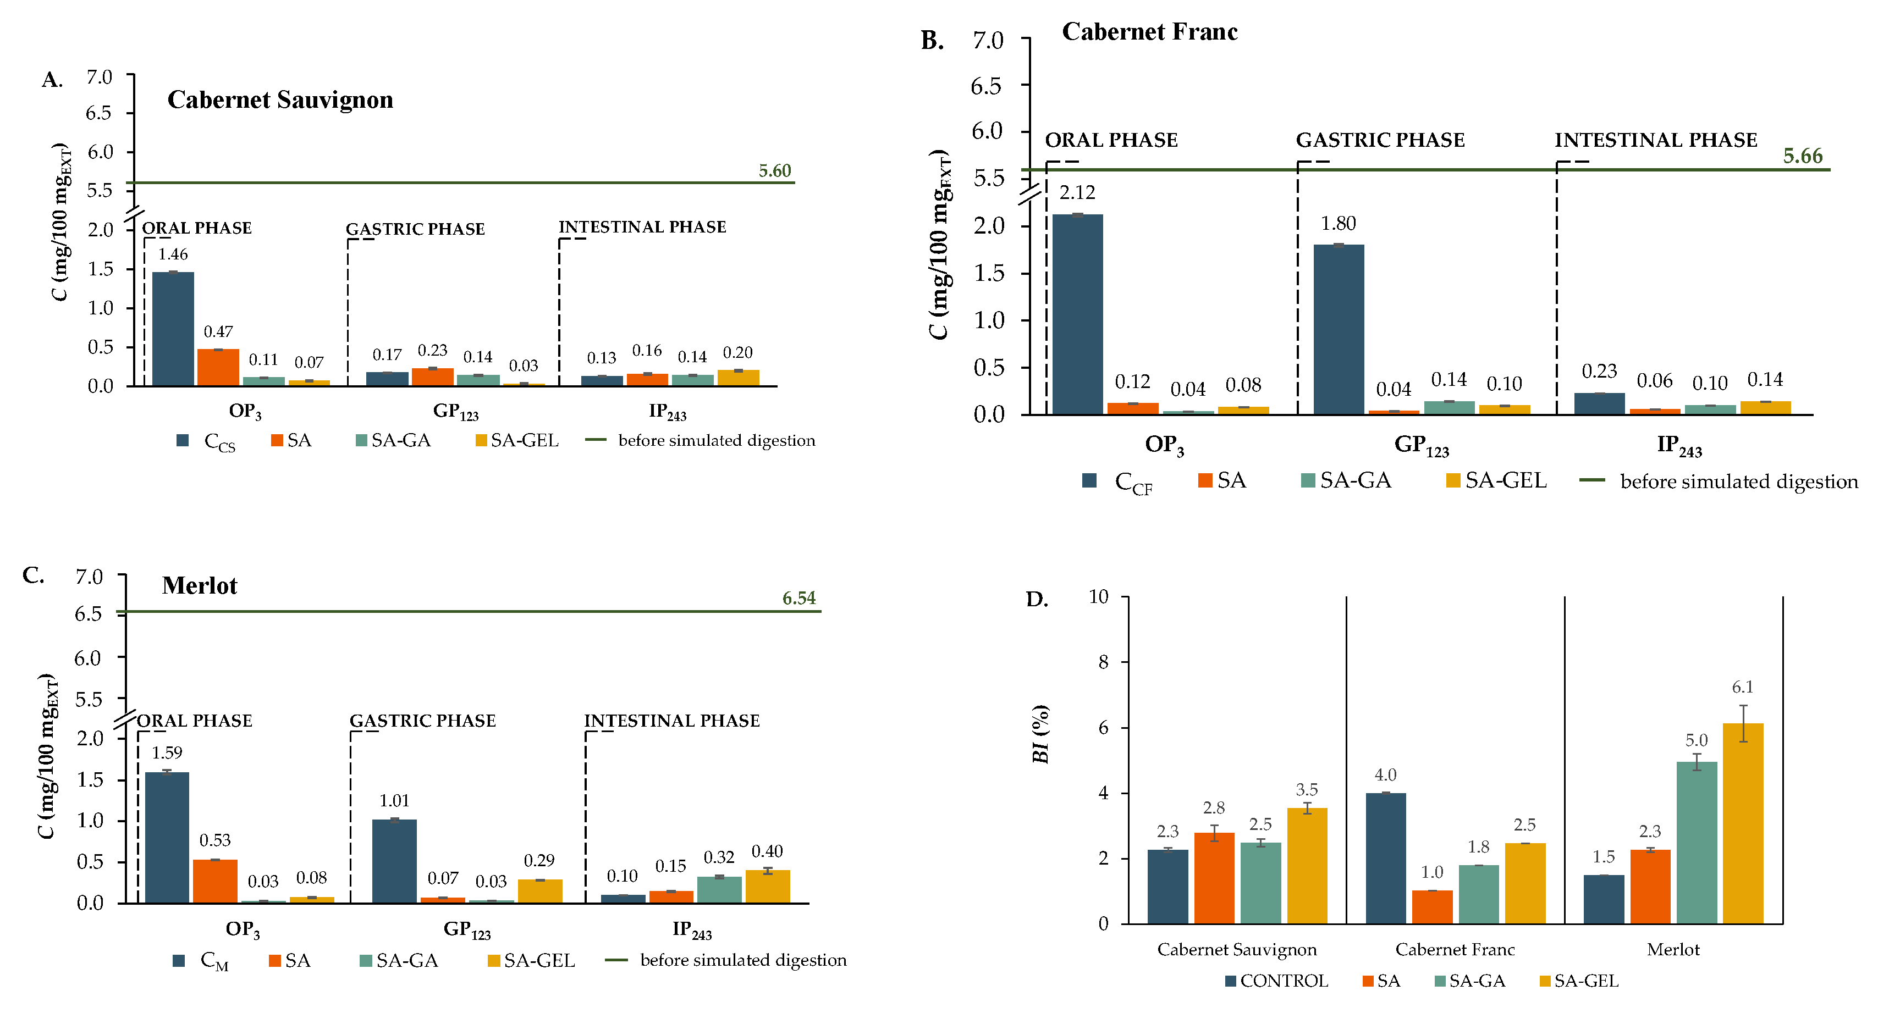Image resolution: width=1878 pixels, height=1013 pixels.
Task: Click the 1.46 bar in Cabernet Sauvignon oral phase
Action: point(173,329)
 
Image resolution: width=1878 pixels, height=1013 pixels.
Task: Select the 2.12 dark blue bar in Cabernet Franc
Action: point(1077,314)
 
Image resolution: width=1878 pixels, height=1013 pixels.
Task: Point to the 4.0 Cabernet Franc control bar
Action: point(1385,859)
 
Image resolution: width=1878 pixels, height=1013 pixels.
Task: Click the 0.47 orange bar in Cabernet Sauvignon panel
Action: point(218,367)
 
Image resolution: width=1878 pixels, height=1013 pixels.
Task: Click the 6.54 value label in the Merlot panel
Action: point(798,599)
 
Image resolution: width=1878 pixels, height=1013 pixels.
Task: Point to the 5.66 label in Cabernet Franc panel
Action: point(1802,156)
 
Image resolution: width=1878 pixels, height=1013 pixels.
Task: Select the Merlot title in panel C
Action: point(199,586)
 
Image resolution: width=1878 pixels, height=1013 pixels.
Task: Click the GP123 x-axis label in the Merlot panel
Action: point(466,930)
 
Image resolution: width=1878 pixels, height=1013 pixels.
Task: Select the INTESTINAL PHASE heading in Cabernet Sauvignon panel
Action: point(642,228)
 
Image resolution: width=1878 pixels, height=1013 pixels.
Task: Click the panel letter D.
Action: point(1036,600)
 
